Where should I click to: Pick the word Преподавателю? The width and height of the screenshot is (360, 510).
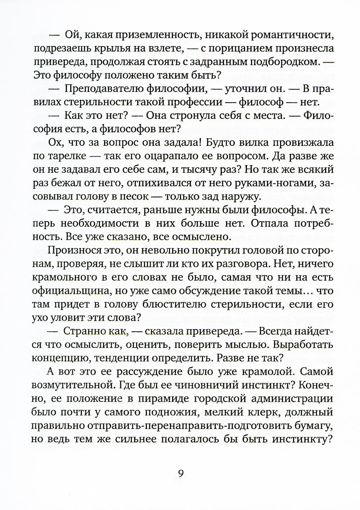coord(102,89)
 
